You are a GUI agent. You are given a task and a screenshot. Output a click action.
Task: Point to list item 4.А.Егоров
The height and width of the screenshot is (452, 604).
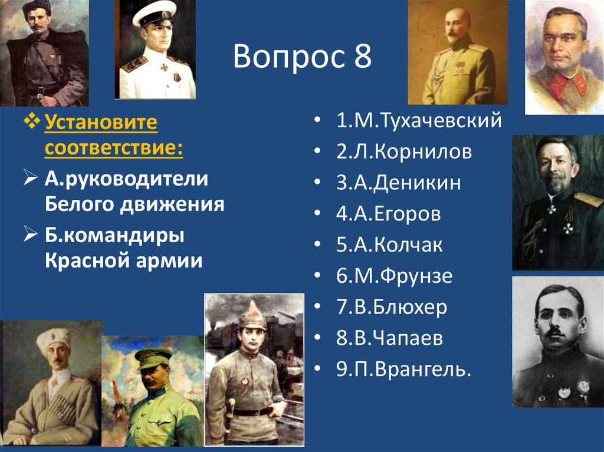389,213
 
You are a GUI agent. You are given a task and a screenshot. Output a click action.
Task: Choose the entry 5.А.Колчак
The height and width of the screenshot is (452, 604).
390,245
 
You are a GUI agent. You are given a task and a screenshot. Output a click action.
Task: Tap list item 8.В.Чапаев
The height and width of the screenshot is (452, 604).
390,338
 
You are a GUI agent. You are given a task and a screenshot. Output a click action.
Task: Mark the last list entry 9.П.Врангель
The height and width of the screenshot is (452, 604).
405,369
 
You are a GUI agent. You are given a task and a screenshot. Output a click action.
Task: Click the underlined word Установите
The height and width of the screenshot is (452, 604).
101,123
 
